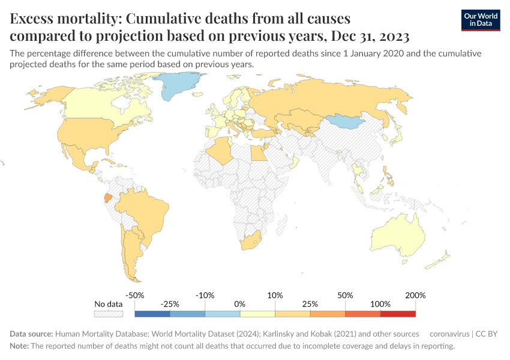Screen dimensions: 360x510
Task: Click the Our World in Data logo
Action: coord(481,20)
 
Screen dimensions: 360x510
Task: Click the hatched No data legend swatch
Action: coord(109,313)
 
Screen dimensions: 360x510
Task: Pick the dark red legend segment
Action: coord(397,313)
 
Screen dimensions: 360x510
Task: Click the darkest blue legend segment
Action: coord(152,313)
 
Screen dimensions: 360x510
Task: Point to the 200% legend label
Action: coord(415,295)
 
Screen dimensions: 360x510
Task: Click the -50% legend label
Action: coord(135,295)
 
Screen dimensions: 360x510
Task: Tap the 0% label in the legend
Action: coord(240,304)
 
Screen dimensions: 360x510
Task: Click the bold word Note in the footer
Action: coord(19,346)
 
